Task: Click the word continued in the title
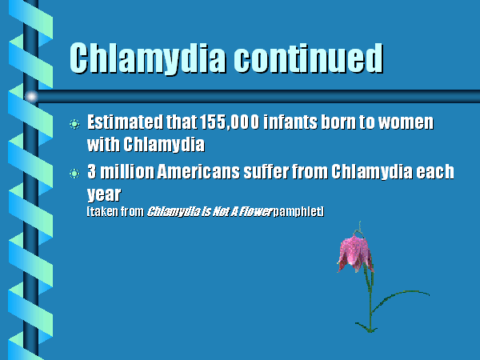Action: (309, 58)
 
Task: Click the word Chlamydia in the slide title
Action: (148, 58)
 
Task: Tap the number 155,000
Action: (230, 122)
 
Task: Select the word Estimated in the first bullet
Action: (125, 122)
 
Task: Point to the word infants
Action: (290, 122)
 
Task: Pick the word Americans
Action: (198, 171)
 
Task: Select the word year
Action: (104, 194)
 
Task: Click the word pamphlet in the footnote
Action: (298, 211)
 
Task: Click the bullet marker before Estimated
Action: (74, 124)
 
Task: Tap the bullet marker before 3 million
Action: (74, 174)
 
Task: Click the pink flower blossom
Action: (355, 254)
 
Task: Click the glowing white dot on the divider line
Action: (31, 97)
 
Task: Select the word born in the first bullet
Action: (338, 122)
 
